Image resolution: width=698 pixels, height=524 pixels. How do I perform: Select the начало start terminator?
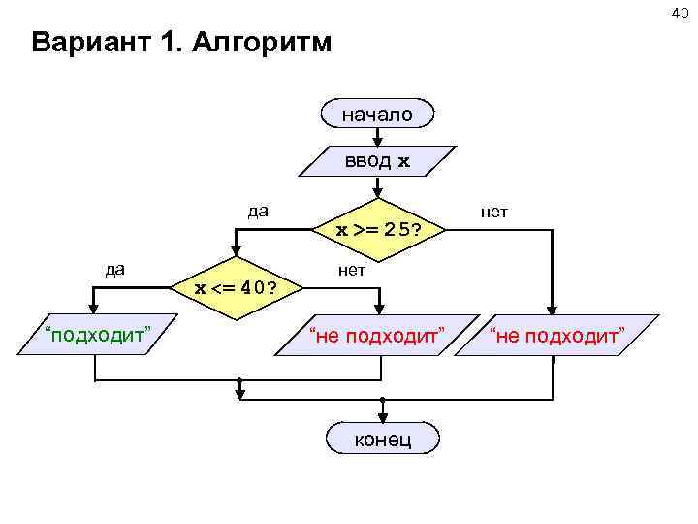tap(377, 114)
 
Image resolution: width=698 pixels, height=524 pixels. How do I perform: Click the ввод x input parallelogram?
tap(377, 161)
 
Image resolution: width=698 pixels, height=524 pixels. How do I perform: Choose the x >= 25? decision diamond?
tap(377, 231)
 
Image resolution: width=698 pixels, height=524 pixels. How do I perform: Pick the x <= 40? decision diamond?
tap(233, 287)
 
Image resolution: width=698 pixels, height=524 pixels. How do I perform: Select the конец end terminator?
tap(383, 439)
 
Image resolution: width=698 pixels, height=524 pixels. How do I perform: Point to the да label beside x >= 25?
tap(258, 211)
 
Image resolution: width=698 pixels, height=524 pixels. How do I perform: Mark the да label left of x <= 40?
tap(115, 268)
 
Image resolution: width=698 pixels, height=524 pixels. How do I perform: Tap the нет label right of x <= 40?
tap(352, 270)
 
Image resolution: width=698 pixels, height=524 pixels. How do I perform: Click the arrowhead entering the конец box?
tap(383, 420)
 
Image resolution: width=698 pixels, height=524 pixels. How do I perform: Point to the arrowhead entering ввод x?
tap(377, 142)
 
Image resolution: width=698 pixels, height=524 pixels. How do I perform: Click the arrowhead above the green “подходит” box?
tap(79, 311)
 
